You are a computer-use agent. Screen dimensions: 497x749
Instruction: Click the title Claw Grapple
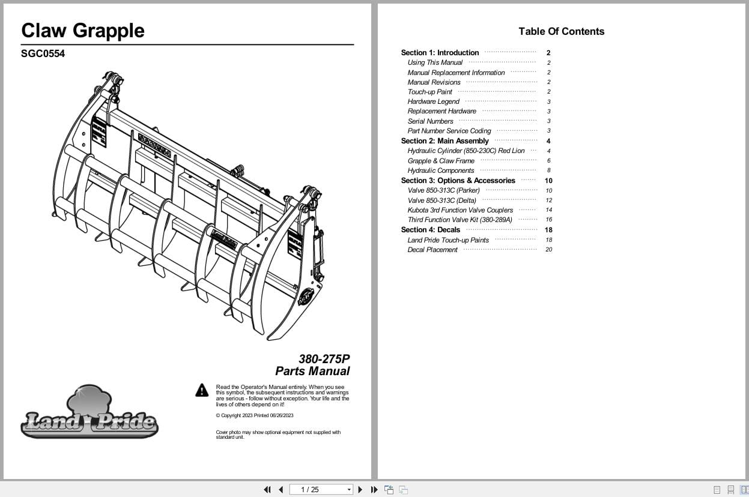(x=83, y=31)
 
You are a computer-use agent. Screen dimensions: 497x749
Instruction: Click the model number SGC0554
(x=43, y=53)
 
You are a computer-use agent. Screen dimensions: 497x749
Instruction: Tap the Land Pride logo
(x=89, y=414)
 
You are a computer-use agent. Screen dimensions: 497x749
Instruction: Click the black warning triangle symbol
(x=202, y=391)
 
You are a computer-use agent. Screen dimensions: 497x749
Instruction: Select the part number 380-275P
(x=324, y=359)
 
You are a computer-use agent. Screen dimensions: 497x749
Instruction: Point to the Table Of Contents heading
(x=561, y=32)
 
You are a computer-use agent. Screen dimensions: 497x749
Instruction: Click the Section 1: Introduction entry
(x=440, y=53)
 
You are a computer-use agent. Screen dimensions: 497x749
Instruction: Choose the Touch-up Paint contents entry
(x=429, y=92)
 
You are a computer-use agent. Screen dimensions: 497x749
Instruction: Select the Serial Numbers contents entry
(x=430, y=121)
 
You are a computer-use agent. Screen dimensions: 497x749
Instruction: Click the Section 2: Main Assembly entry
(x=444, y=141)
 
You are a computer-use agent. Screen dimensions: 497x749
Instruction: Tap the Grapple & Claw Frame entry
(x=441, y=161)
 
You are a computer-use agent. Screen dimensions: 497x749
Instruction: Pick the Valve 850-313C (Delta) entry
(x=441, y=200)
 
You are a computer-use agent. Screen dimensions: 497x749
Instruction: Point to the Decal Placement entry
(x=432, y=250)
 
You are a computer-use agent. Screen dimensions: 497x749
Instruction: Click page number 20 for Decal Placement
(x=548, y=250)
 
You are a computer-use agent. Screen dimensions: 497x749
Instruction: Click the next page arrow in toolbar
(x=360, y=490)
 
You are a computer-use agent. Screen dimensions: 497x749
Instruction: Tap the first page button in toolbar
(x=267, y=490)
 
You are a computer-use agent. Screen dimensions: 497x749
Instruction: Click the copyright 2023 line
(x=254, y=415)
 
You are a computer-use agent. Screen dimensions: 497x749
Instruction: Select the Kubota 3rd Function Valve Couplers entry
(x=460, y=210)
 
